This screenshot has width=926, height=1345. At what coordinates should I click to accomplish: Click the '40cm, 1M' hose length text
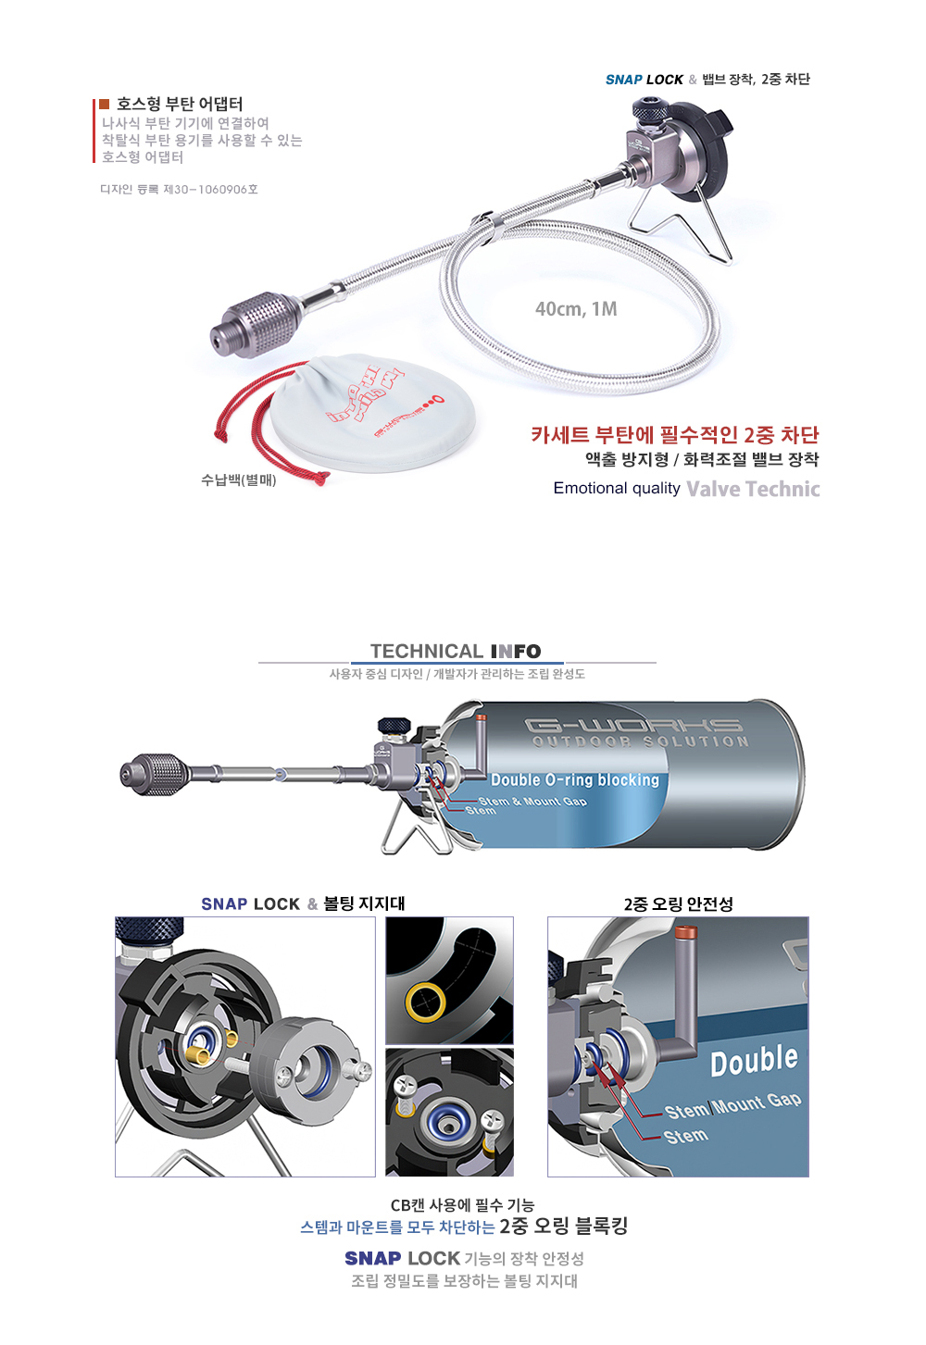[x=576, y=308]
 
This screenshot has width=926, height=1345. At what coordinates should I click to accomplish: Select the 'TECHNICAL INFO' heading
[x=456, y=651]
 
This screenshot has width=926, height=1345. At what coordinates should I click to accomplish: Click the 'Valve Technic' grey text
[x=753, y=489]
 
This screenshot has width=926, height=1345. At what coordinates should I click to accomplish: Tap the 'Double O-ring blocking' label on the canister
[x=575, y=779]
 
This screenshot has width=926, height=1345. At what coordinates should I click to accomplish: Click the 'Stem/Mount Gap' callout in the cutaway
[x=732, y=1105]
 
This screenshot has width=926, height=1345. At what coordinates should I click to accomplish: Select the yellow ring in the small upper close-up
[x=425, y=1001]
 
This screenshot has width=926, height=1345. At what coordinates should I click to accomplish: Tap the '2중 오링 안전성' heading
[x=678, y=903]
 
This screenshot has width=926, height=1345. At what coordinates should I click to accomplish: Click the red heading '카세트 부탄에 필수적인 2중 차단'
[x=674, y=434]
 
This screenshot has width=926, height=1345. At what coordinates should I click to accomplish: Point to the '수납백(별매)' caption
[x=238, y=479]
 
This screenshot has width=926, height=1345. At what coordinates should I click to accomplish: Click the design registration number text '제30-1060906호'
[x=210, y=189]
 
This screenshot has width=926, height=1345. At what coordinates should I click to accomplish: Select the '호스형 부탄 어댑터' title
[x=180, y=104]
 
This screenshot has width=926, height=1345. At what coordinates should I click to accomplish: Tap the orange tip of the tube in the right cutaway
[x=685, y=933]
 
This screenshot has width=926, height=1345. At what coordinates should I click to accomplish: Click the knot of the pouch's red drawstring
[x=322, y=478]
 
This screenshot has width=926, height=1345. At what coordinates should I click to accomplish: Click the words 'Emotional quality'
[x=616, y=488]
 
